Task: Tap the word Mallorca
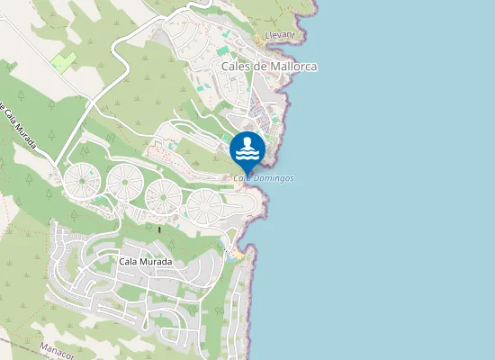point(293,67)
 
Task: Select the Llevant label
point(280,35)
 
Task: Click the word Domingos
point(274,178)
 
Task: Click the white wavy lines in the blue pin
point(247,154)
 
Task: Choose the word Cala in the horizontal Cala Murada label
point(130,262)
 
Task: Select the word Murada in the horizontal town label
point(157,262)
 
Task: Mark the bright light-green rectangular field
point(63,62)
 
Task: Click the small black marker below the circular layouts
point(159,229)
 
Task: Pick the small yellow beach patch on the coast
point(236,256)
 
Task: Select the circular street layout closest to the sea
point(204,206)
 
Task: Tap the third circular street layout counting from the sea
point(124,182)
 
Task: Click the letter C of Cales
point(225,67)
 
